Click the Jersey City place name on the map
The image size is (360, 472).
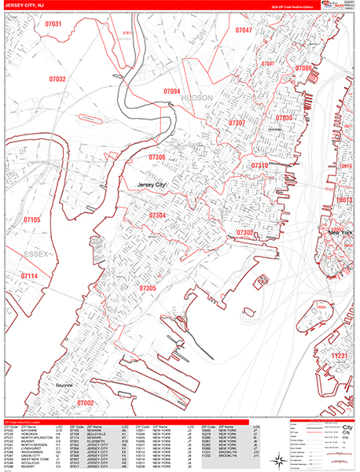pos(152,185)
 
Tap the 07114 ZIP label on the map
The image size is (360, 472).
pos(29,277)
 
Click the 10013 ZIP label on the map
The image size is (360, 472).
pos(344,201)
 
